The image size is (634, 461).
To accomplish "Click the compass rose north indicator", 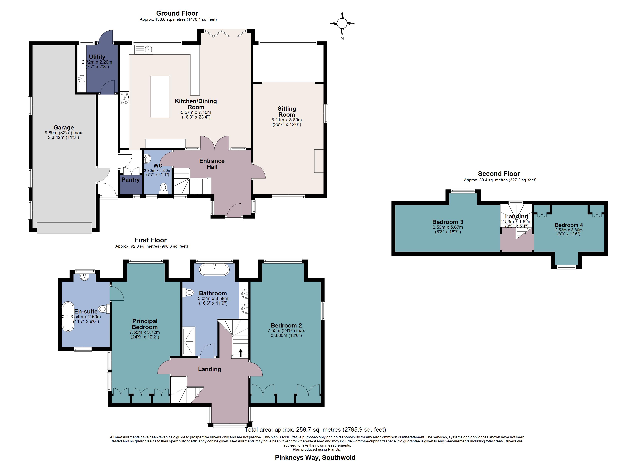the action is click(342, 23).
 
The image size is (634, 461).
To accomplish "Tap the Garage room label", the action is click(63, 128).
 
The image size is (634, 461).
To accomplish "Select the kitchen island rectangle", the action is click(160, 96).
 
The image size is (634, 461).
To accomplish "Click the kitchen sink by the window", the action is click(149, 50).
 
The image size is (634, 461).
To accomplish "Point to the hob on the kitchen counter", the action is click(125, 98).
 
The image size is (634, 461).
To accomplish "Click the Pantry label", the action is click(130, 180).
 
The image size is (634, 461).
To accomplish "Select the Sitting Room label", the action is click(287, 112).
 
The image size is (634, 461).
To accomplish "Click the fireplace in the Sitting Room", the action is click(319, 161).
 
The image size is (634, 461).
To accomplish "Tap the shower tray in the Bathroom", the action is click(188, 341).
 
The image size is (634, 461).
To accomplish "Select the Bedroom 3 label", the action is click(448, 222).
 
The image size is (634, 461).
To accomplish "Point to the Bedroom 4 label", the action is click(569, 225).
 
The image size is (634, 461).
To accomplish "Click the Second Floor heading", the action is click(499, 174).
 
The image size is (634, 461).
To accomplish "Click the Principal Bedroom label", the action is click(145, 324).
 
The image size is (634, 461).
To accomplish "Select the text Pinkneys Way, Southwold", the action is click(315, 457).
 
